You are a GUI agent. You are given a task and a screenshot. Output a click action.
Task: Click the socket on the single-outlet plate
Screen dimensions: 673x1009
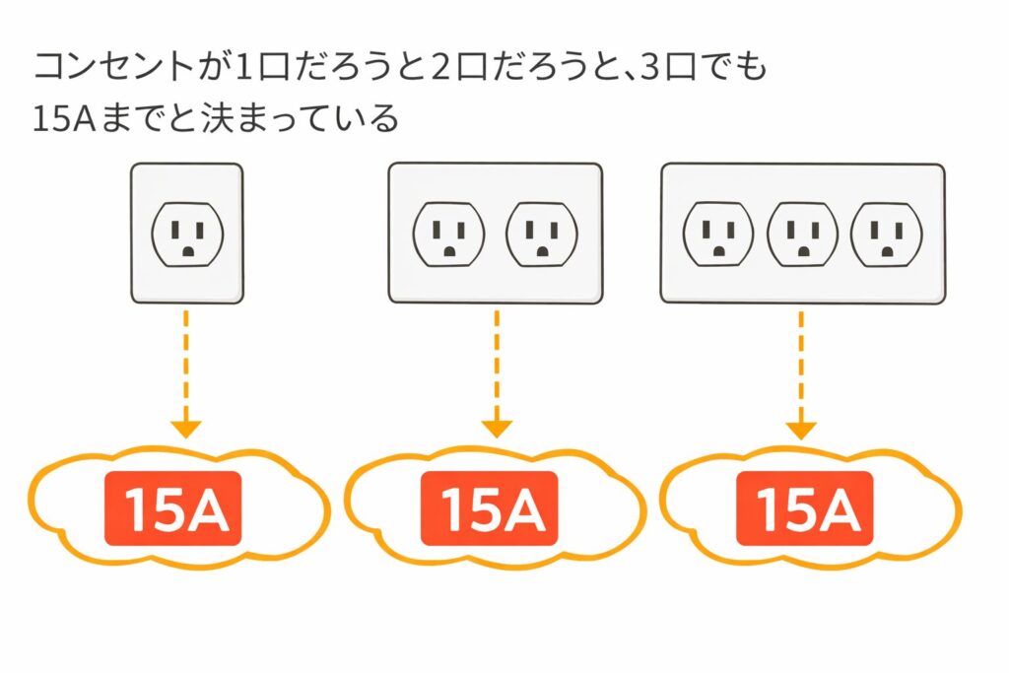187,236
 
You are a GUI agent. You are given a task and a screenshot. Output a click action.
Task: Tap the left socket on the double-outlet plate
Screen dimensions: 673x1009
448,236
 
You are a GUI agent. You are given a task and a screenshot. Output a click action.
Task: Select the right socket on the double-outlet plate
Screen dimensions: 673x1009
541,236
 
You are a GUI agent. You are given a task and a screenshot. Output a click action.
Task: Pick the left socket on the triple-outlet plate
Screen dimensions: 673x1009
718,235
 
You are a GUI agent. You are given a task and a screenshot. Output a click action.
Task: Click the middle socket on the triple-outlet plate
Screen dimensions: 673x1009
803,235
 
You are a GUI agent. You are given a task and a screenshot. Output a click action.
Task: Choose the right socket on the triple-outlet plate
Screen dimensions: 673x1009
887,235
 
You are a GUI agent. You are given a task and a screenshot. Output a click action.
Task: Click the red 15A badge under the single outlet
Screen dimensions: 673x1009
172,510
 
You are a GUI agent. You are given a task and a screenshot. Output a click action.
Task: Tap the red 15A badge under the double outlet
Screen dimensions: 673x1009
488,510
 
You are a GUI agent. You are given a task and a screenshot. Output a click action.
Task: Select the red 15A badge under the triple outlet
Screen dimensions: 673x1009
803,508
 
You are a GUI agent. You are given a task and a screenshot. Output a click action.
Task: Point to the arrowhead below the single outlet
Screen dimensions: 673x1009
186,429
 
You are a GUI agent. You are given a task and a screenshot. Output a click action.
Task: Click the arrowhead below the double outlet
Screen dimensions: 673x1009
497,429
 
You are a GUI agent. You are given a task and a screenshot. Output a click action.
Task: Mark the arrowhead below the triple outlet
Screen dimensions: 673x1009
801,430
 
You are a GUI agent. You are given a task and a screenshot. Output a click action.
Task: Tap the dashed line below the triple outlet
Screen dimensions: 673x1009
801,365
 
